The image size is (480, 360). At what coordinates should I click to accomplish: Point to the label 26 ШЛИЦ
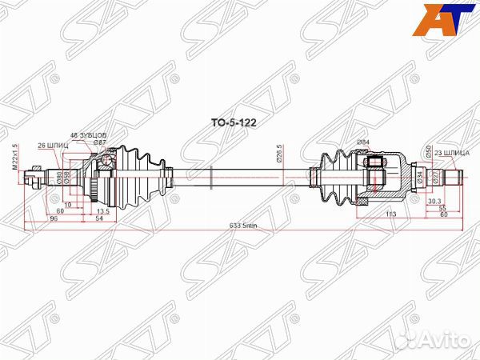(52, 145)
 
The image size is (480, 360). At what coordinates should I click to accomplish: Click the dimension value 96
(54, 218)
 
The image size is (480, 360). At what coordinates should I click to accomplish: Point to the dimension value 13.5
(102, 210)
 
